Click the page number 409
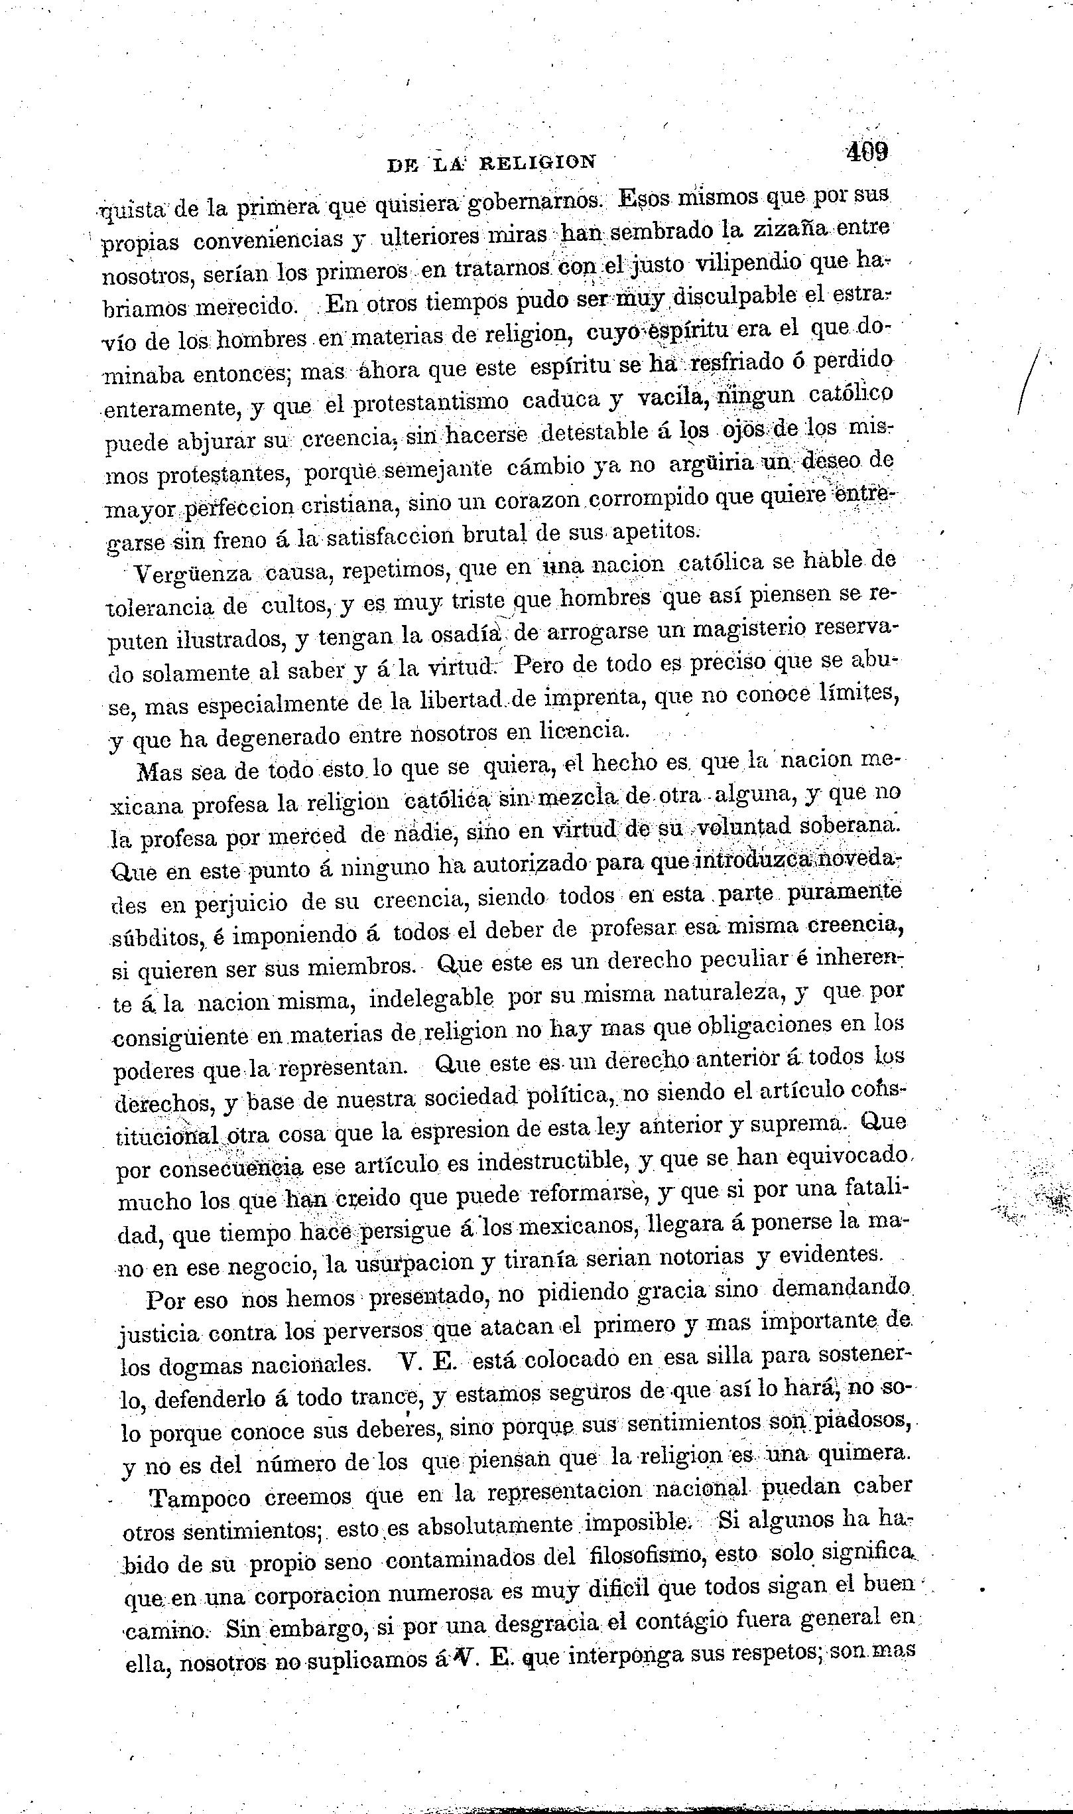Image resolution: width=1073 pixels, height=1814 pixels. (866, 152)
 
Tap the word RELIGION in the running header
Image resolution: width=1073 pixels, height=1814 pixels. (538, 163)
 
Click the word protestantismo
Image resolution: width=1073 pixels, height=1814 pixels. (431, 402)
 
